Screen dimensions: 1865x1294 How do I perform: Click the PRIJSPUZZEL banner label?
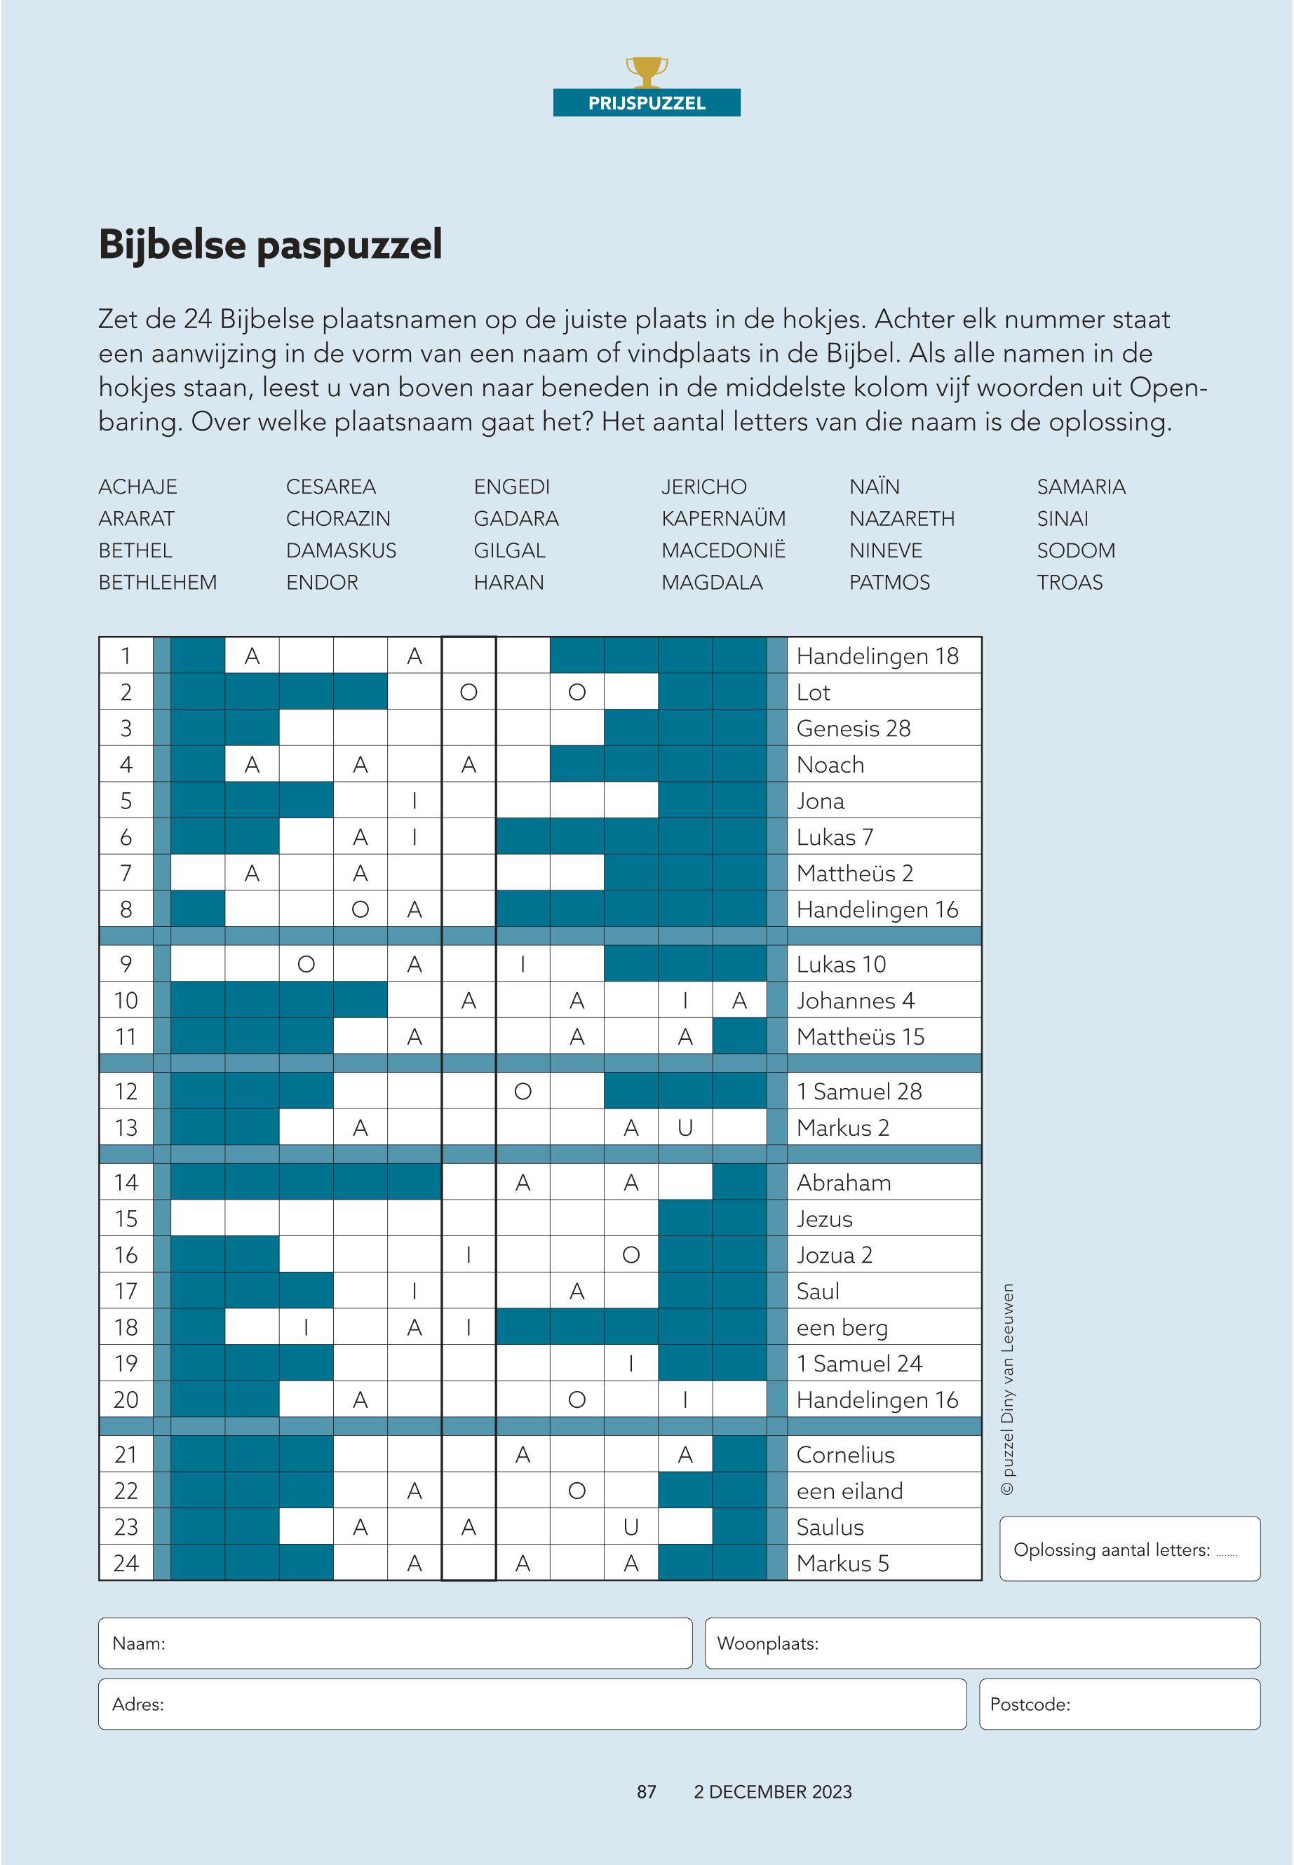(646, 103)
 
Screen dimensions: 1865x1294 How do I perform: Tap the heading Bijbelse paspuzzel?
(270, 245)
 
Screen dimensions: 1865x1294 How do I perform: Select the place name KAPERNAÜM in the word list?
(722, 519)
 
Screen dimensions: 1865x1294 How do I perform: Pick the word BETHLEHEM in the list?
(157, 583)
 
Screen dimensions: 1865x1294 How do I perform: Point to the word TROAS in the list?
(1069, 583)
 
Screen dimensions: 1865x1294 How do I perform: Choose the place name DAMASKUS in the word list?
(341, 551)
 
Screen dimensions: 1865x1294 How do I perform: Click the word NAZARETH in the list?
(901, 519)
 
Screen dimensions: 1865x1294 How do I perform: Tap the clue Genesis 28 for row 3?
(853, 728)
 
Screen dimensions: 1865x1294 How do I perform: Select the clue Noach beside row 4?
(830, 765)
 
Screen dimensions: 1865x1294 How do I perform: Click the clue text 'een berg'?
(842, 1328)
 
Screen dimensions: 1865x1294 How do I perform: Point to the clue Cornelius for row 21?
(845, 1455)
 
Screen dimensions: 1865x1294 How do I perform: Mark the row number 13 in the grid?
(126, 1128)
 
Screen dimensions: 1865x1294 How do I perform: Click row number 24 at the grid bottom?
(126, 1564)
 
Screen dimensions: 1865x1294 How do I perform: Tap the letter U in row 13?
(685, 1128)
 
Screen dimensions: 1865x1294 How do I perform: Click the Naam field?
(395, 1643)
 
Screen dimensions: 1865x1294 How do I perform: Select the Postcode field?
(1119, 1704)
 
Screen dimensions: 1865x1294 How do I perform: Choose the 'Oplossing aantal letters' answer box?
(1129, 1549)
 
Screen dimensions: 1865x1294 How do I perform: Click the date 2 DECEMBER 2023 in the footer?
(772, 1792)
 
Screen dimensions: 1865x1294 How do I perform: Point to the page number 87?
(646, 1792)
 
